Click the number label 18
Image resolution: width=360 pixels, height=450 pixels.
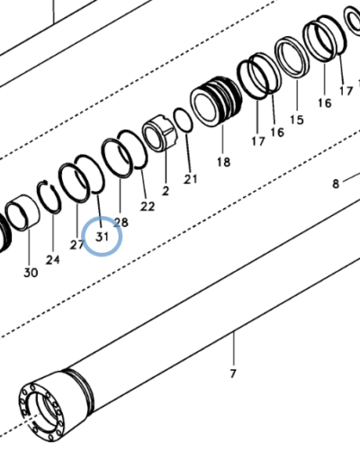(x=223, y=162)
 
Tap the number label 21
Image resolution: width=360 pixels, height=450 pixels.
(x=190, y=179)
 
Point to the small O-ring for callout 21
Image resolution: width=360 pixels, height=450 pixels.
(x=182, y=119)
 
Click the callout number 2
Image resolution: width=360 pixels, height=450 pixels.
(x=166, y=191)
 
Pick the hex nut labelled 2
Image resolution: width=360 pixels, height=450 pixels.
(x=159, y=134)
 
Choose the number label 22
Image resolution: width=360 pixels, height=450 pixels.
(x=148, y=206)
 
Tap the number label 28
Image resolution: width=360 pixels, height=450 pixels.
(x=121, y=221)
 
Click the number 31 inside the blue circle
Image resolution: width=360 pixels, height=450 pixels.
(x=102, y=238)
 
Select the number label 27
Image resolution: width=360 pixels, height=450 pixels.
(x=77, y=245)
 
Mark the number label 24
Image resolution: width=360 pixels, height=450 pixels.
(x=53, y=260)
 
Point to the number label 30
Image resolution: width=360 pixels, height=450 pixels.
(x=31, y=273)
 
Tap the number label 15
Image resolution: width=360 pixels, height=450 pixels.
(x=296, y=119)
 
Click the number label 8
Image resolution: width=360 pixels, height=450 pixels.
(x=336, y=184)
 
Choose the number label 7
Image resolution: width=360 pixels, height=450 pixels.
(x=233, y=373)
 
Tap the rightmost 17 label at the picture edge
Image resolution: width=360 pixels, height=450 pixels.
(x=346, y=90)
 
